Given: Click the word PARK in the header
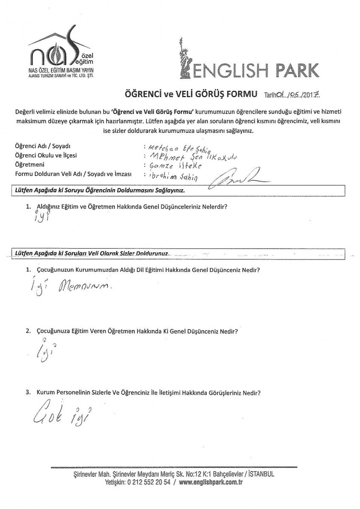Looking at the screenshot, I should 290,67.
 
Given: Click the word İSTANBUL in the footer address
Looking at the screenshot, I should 260,474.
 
